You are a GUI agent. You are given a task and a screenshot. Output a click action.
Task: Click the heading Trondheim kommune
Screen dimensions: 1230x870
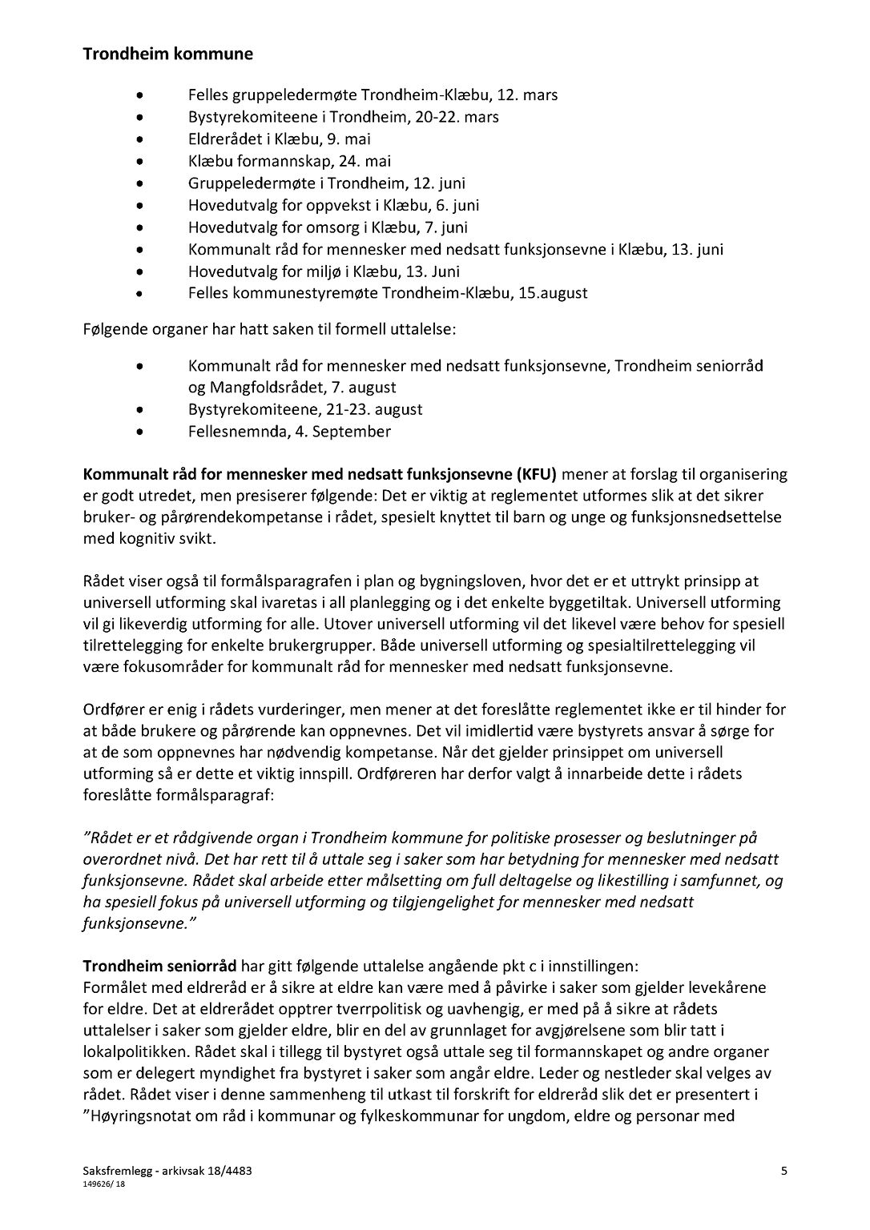tap(167, 54)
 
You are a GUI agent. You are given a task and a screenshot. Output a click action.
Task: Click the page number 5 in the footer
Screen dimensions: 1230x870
tap(784, 1171)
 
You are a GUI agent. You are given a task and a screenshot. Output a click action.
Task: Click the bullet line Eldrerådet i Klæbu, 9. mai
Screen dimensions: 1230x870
tap(279, 139)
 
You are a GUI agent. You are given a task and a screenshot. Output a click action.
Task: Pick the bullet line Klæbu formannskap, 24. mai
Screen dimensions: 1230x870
tap(289, 161)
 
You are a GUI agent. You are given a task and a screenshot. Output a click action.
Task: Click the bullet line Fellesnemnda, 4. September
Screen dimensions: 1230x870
tap(289, 432)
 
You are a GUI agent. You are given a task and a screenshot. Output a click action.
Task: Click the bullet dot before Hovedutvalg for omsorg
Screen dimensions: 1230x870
tap(141, 227)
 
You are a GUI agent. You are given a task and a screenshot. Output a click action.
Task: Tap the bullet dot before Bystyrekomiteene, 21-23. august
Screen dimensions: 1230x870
tap(141, 410)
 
